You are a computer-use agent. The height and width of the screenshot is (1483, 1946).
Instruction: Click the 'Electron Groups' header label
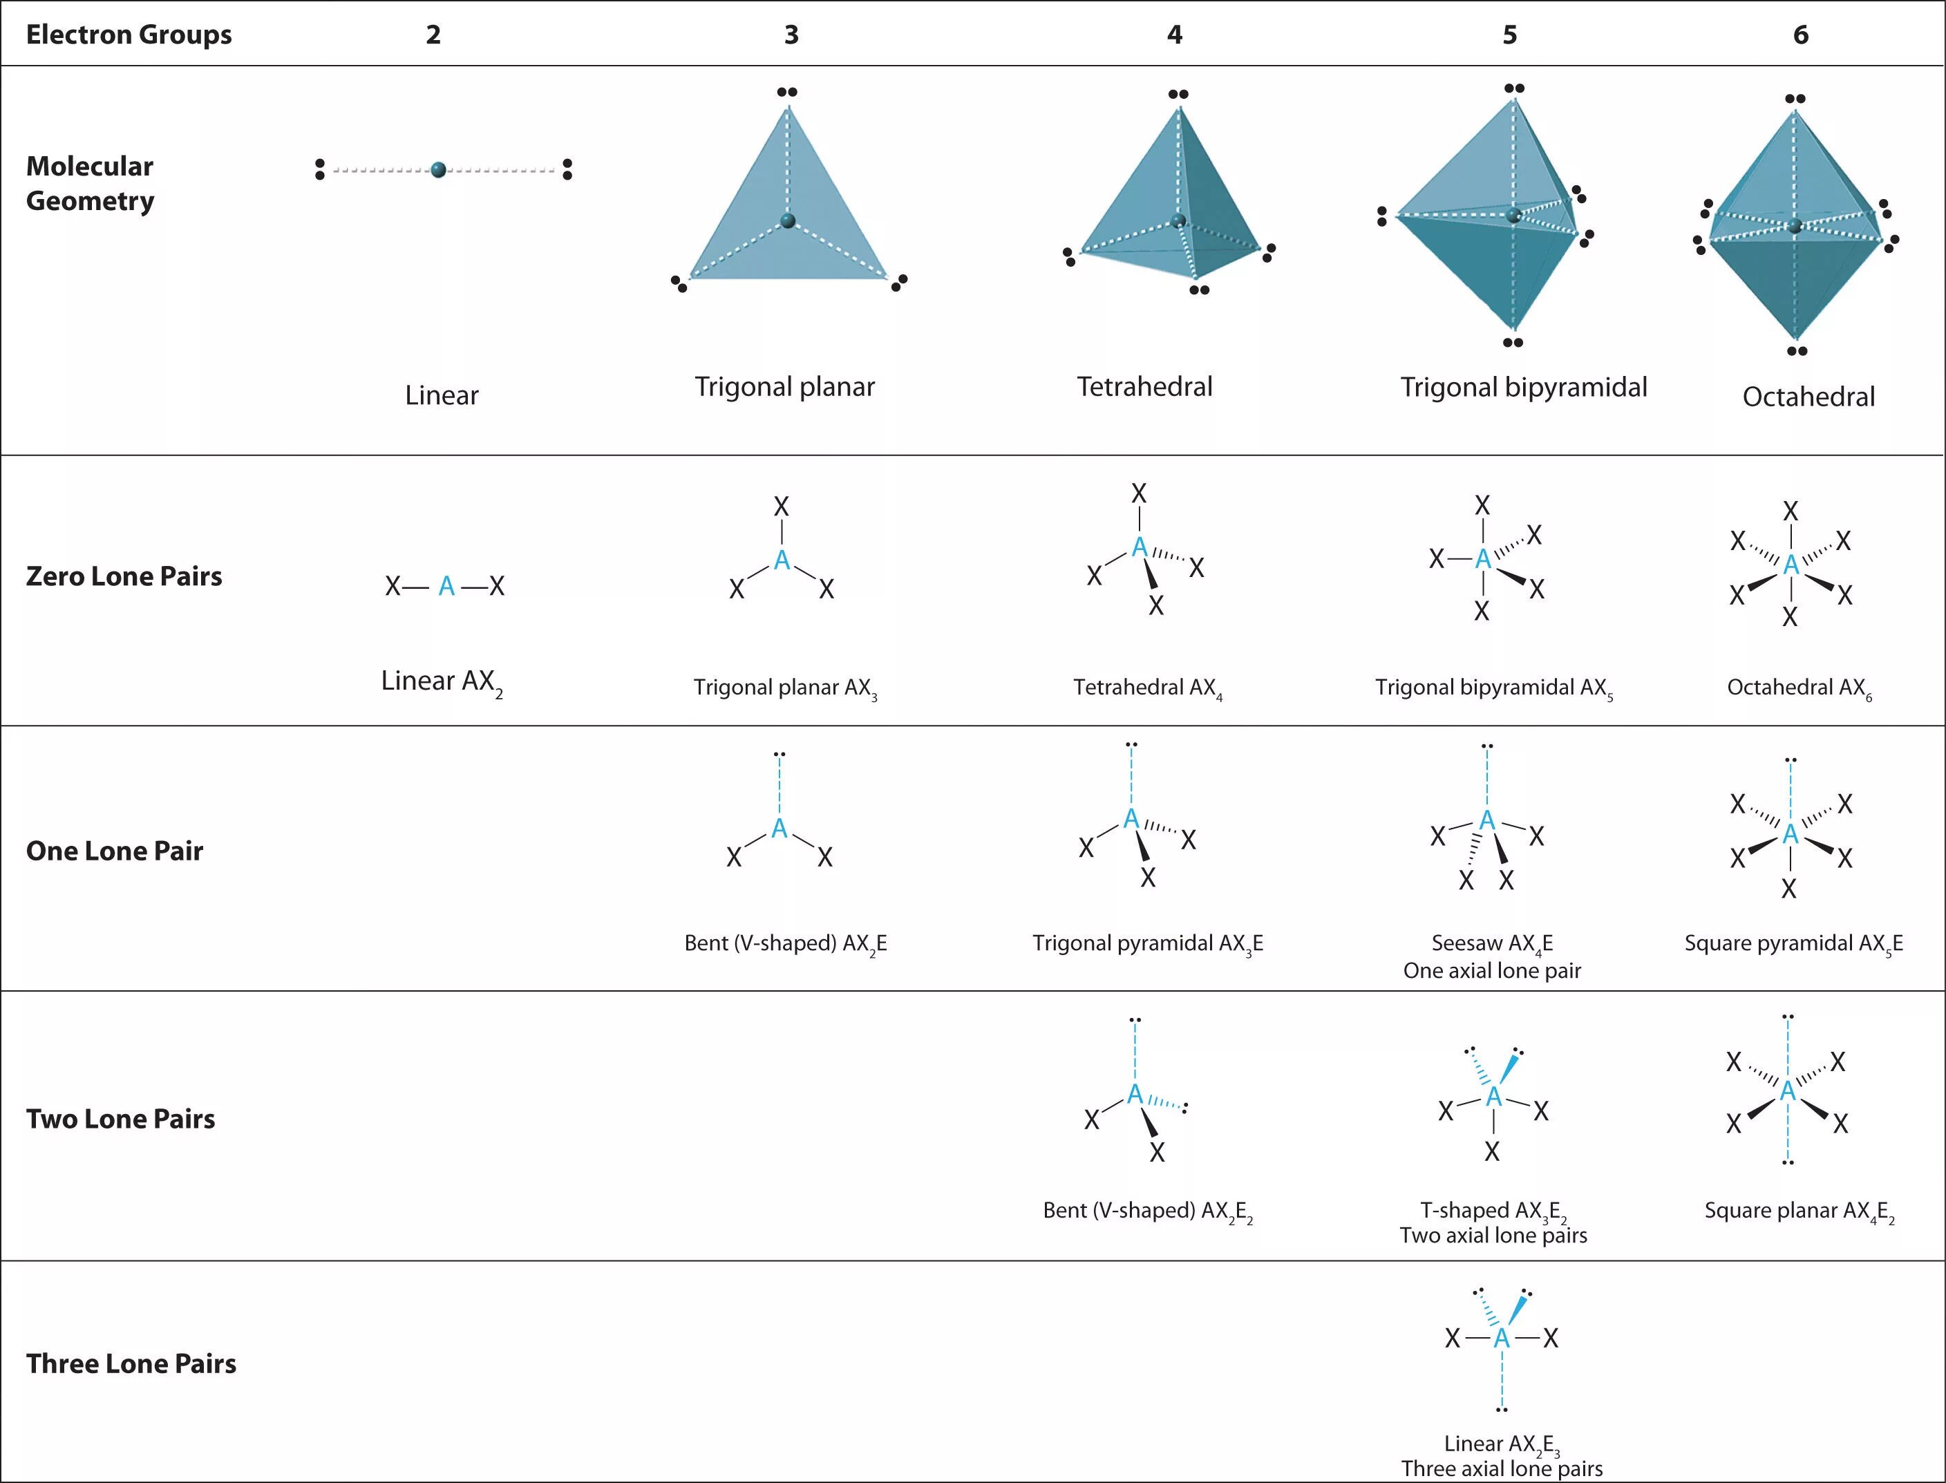coord(129,35)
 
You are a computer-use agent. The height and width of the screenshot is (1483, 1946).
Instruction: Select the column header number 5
coord(1510,35)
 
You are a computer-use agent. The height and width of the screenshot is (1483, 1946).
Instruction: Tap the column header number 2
coord(433,35)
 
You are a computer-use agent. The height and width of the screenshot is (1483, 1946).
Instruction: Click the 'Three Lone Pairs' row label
coord(131,1364)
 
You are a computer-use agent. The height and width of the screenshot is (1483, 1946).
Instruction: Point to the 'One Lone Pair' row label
coord(115,851)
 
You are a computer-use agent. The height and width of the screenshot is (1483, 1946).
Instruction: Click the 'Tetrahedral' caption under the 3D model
coord(1144,386)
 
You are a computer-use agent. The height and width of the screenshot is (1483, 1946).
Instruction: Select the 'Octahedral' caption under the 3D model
coord(1808,397)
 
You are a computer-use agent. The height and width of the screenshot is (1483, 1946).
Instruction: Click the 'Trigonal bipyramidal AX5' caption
coord(1493,688)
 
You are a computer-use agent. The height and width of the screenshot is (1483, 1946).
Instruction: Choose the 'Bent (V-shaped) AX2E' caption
coord(786,944)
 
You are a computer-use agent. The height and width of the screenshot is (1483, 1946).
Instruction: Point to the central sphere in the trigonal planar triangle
coord(788,220)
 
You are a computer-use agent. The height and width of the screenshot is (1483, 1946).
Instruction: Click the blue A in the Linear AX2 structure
coord(446,586)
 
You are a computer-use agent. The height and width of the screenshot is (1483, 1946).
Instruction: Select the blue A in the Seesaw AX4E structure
coord(1487,821)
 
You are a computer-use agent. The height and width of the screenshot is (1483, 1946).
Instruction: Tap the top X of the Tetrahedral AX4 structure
coord(1140,493)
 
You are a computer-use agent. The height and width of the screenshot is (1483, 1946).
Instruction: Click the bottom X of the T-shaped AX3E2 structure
coord(1491,1151)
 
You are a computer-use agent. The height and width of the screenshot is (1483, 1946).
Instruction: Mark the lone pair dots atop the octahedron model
coord(1795,99)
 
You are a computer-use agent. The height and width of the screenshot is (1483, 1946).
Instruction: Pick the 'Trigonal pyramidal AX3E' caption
coord(1147,944)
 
